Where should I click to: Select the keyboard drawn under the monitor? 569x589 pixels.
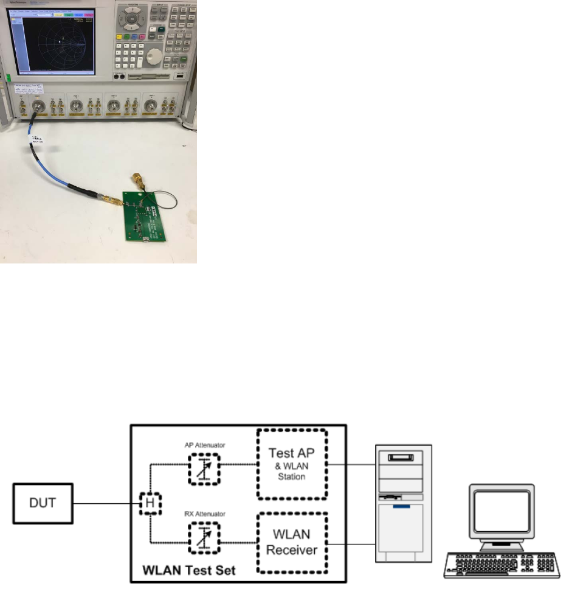pos(501,562)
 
